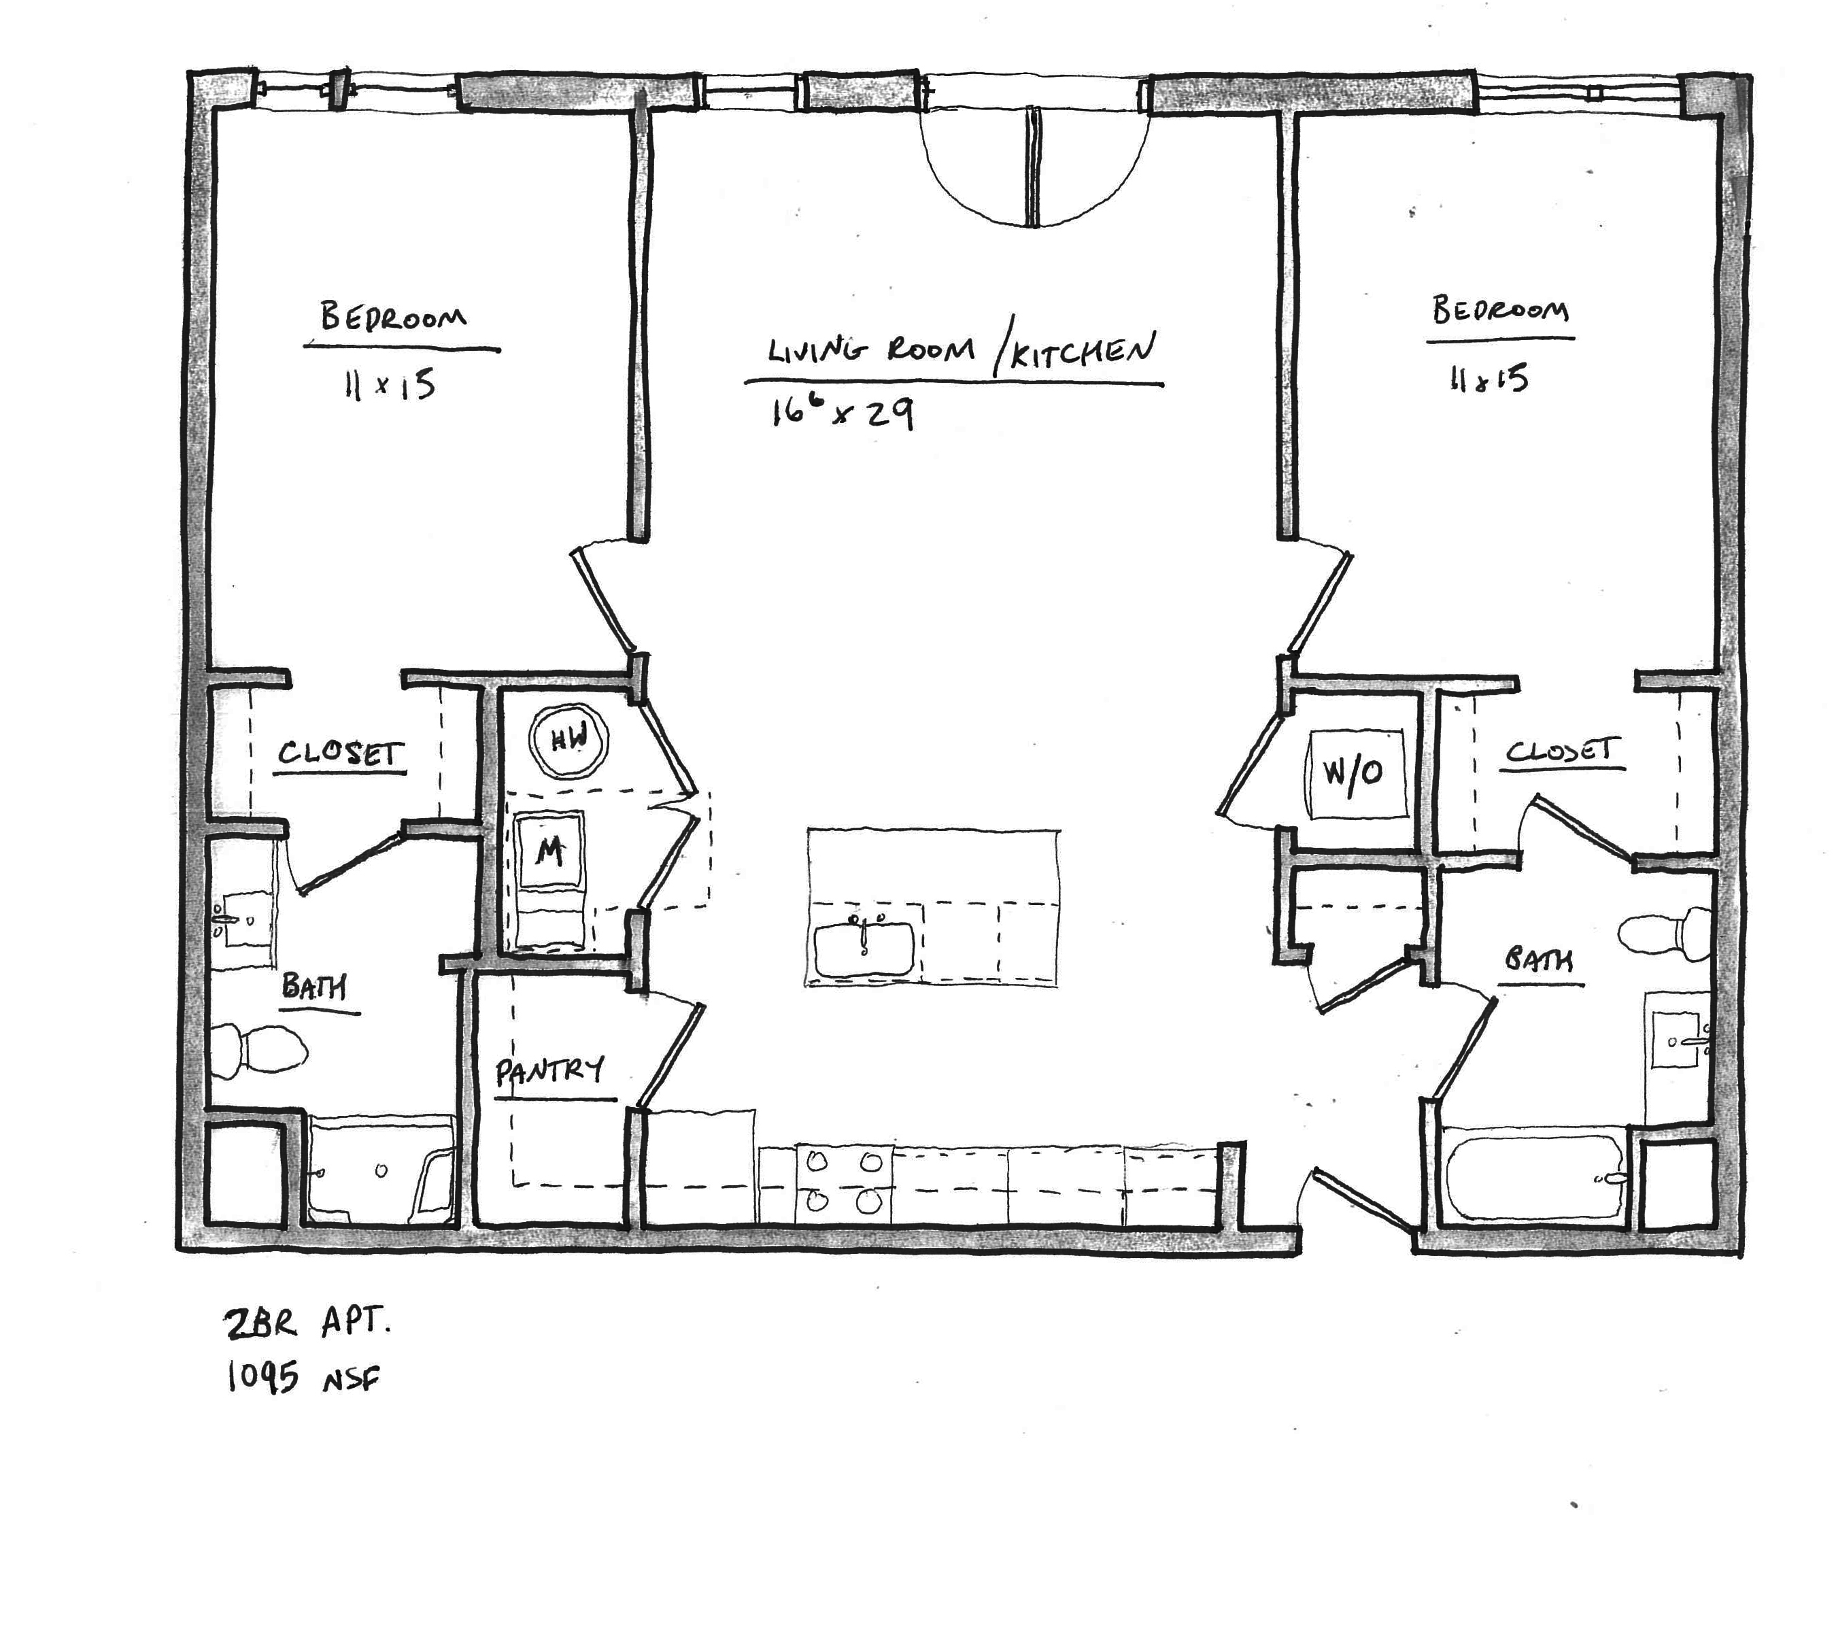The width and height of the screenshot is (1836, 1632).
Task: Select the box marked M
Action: tap(551, 851)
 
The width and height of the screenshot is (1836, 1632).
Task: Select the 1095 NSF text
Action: tap(303, 1377)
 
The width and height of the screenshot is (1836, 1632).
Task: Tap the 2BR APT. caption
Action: tap(306, 1324)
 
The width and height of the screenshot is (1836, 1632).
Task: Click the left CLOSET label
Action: tap(341, 752)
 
